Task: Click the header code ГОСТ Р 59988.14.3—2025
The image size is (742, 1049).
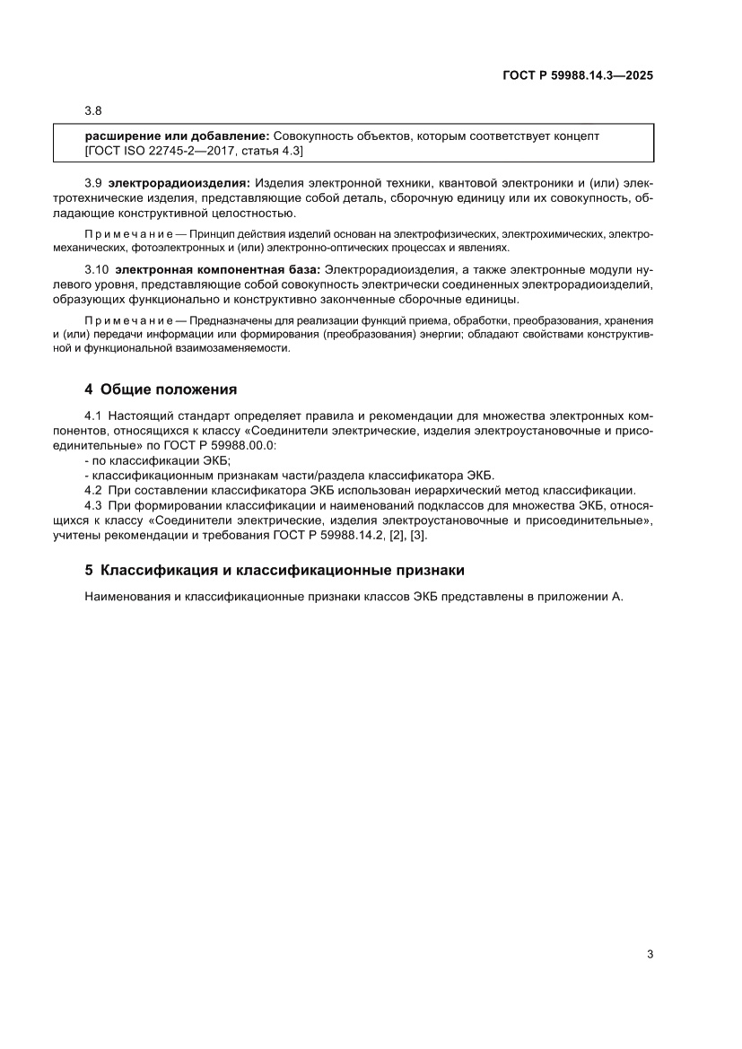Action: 577,76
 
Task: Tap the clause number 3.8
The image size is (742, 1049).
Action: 93,111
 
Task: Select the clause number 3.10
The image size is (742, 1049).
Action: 96,269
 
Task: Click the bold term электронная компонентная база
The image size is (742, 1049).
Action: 218,269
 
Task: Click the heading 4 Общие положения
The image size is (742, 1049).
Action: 161,389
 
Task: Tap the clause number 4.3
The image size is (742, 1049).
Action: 93,505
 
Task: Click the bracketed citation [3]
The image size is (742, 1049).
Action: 418,535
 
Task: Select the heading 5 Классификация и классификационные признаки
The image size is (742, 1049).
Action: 274,570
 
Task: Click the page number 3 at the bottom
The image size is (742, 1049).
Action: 650,954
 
